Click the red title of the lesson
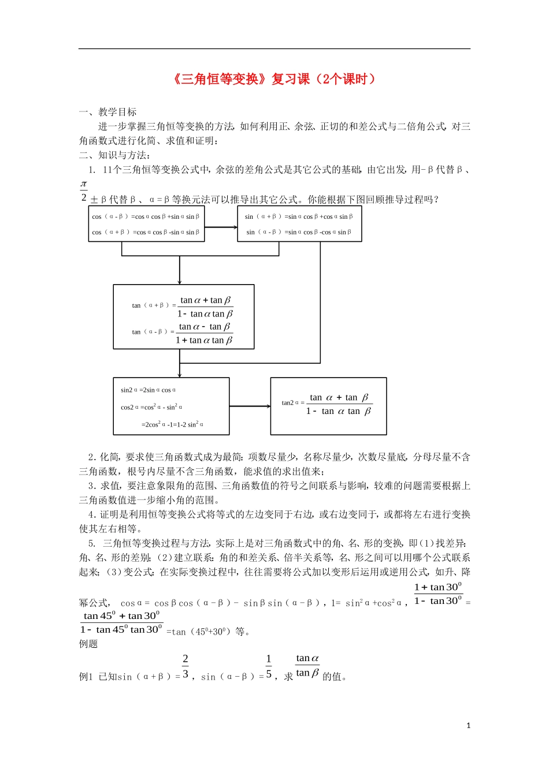click(x=274, y=79)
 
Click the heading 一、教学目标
click(x=108, y=112)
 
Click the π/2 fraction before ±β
click(x=84, y=191)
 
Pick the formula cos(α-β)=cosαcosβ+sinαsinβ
click(x=146, y=217)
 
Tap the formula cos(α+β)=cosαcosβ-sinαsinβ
click(x=146, y=232)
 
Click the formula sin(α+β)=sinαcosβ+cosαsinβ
click(x=299, y=217)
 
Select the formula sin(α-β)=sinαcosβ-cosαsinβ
click(x=299, y=232)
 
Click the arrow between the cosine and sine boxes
click(x=221, y=227)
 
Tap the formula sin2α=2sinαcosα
click(x=148, y=390)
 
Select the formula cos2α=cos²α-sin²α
click(x=151, y=407)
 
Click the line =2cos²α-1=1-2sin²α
click(x=172, y=424)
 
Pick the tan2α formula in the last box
click(x=328, y=404)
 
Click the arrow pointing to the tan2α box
click(x=250, y=406)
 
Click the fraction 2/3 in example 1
click(x=186, y=666)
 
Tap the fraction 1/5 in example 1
click(x=269, y=666)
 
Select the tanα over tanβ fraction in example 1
click(x=307, y=665)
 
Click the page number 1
click(x=469, y=726)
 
